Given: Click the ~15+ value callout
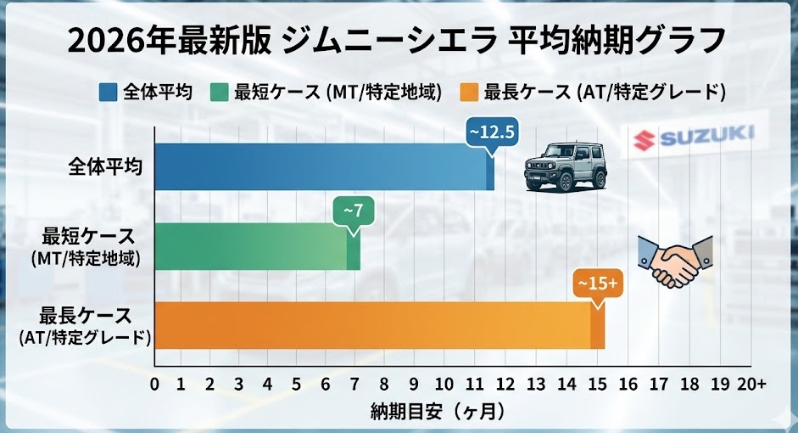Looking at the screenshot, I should pos(598,282).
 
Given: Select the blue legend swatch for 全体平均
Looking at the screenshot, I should pos(108,92).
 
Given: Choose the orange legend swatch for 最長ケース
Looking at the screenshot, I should pos(468,92).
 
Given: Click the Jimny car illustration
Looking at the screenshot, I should pos(566,165).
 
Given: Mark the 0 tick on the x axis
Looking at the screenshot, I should pos(154,384).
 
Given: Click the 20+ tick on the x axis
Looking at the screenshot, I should pos(751,384).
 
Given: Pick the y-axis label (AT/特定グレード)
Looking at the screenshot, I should pos(85,338).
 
